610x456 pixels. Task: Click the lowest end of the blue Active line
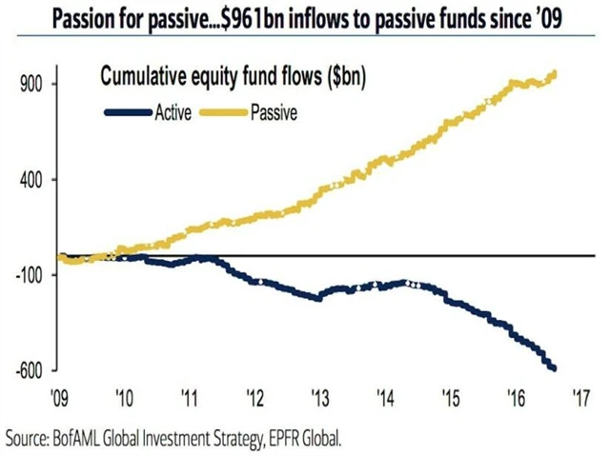(555, 369)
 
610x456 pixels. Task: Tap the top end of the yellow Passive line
(555, 73)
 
